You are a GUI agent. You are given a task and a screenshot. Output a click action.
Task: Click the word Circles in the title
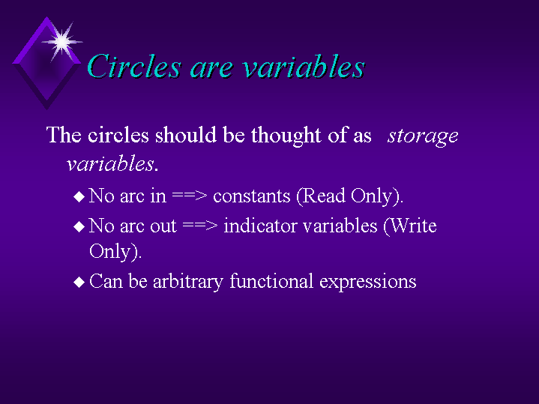[x=134, y=66]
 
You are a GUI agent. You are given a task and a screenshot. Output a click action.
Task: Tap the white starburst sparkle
[x=62, y=42]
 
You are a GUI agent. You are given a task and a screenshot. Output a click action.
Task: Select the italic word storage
[x=423, y=136]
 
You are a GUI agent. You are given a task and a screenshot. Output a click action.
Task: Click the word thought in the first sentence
[x=286, y=136]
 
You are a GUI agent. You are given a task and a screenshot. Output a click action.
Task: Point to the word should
[x=186, y=134]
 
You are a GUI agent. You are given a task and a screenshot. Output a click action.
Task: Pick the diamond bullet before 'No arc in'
[x=79, y=196]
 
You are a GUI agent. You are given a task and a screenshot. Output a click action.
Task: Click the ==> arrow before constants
[x=190, y=196]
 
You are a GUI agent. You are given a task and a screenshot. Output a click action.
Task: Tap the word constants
[x=252, y=196]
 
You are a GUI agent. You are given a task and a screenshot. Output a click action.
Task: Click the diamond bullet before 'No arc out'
[x=79, y=226]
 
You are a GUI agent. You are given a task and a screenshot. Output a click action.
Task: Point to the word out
[x=163, y=226]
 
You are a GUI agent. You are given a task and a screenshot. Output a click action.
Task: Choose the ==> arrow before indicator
[x=200, y=226]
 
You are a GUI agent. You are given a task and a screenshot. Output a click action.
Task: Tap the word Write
[x=410, y=226]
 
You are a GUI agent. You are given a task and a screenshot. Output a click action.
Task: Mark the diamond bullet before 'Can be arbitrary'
[x=79, y=283]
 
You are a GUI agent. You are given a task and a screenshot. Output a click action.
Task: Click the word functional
[x=271, y=281]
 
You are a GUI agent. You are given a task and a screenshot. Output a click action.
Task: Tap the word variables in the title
[x=304, y=66]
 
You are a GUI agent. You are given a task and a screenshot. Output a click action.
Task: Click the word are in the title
[x=211, y=68]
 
